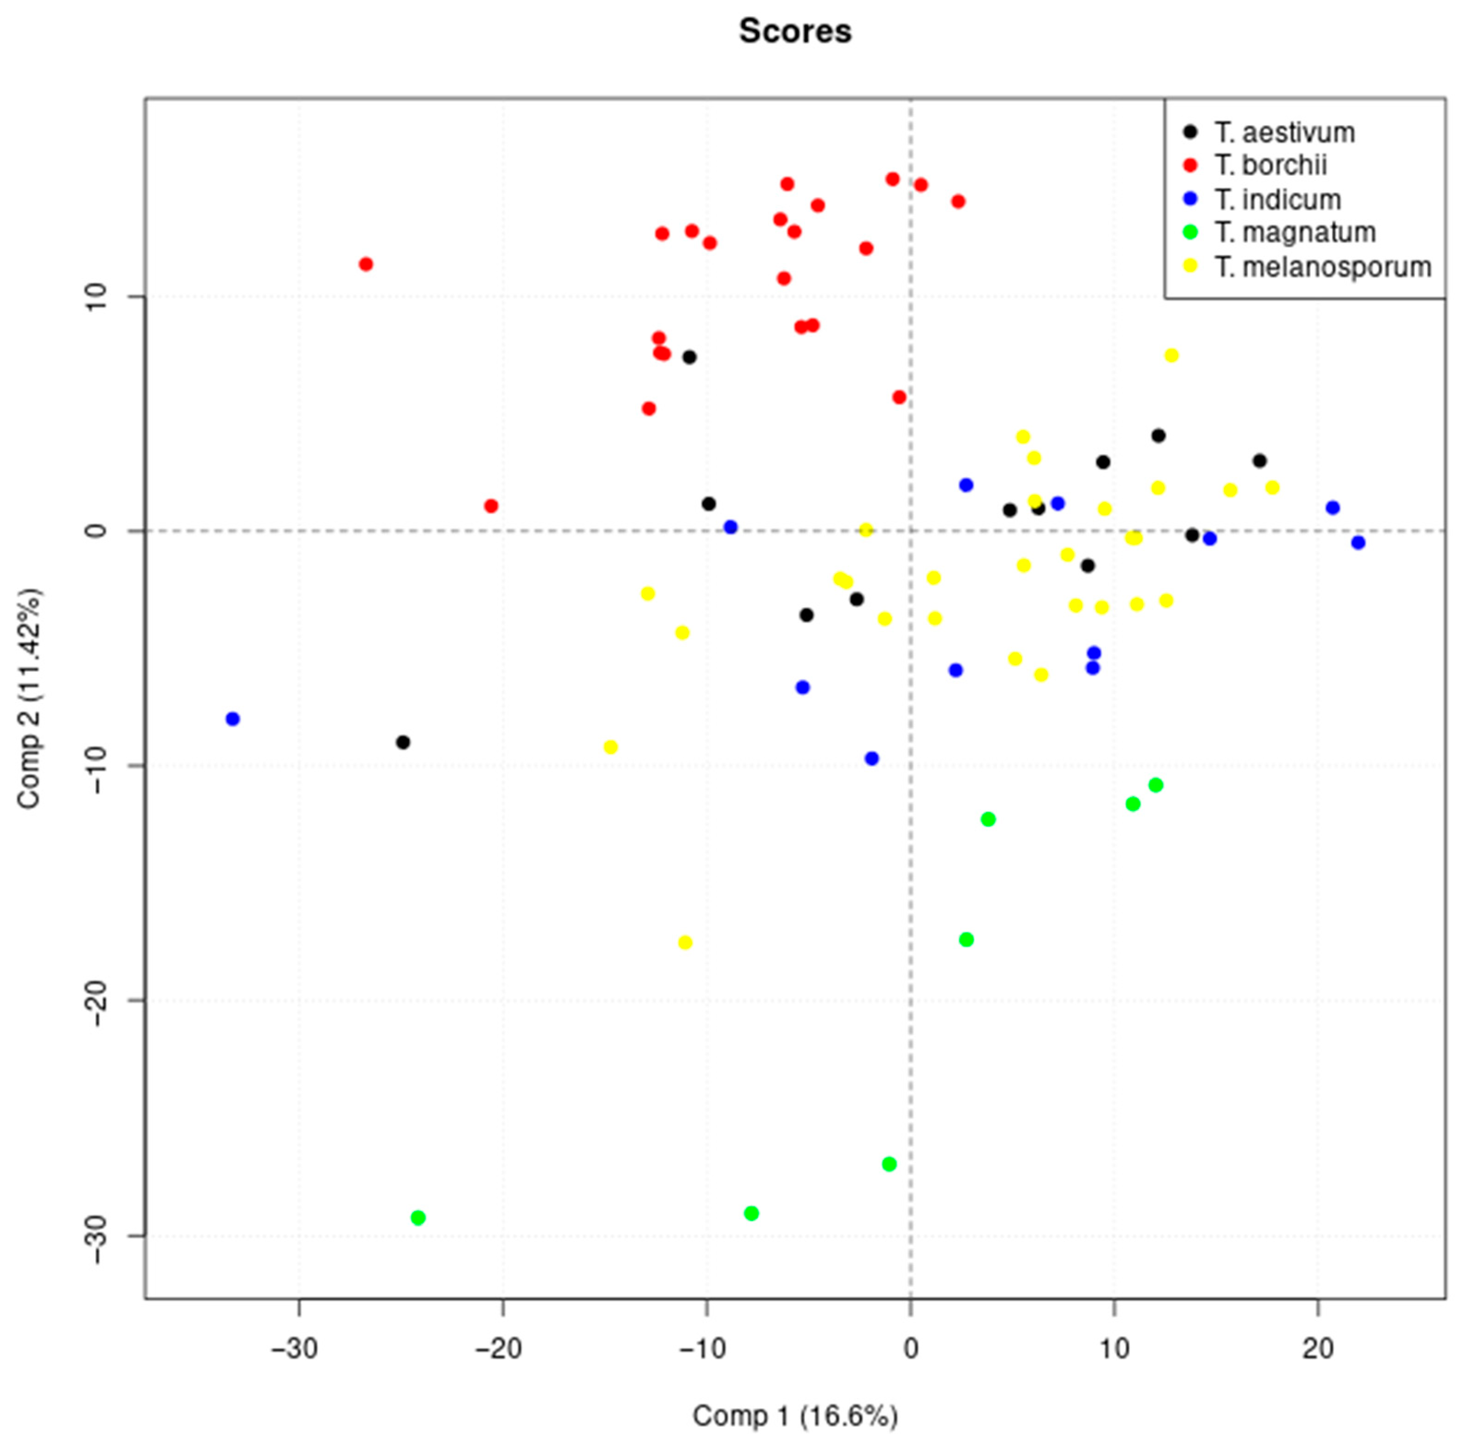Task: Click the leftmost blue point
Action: [233, 719]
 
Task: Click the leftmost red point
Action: [366, 264]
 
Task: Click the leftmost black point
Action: [403, 743]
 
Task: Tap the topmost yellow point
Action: [1171, 356]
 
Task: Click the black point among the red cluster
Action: [689, 357]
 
